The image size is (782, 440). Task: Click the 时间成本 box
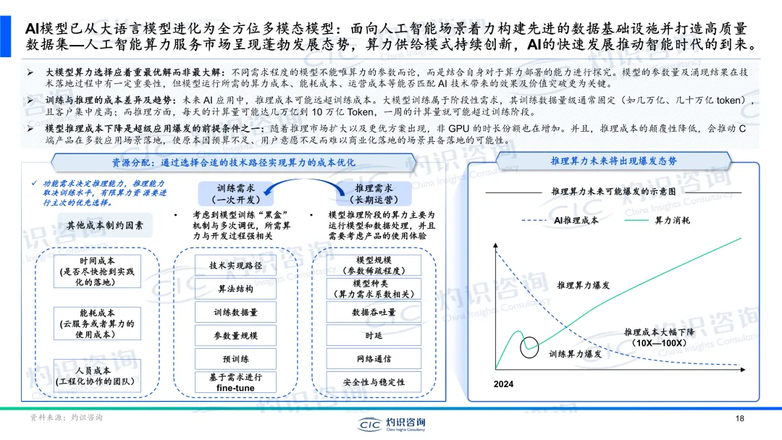coord(97,271)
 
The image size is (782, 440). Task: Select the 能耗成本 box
coord(97,323)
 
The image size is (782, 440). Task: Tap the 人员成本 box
coord(97,376)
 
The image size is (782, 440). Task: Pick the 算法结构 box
coord(236,289)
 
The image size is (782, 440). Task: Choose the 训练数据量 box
coord(236,313)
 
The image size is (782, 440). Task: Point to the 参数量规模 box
coord(236,336)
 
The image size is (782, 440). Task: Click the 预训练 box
coord(236,359)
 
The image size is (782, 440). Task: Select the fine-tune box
coord(236,382)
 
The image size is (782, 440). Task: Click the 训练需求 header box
coord(231,192)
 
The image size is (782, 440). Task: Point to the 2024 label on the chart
coord(504,384)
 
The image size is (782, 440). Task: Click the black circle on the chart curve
coord(532,345)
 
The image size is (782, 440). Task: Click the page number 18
coord(739,418)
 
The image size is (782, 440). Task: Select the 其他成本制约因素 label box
coord(105,226)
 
